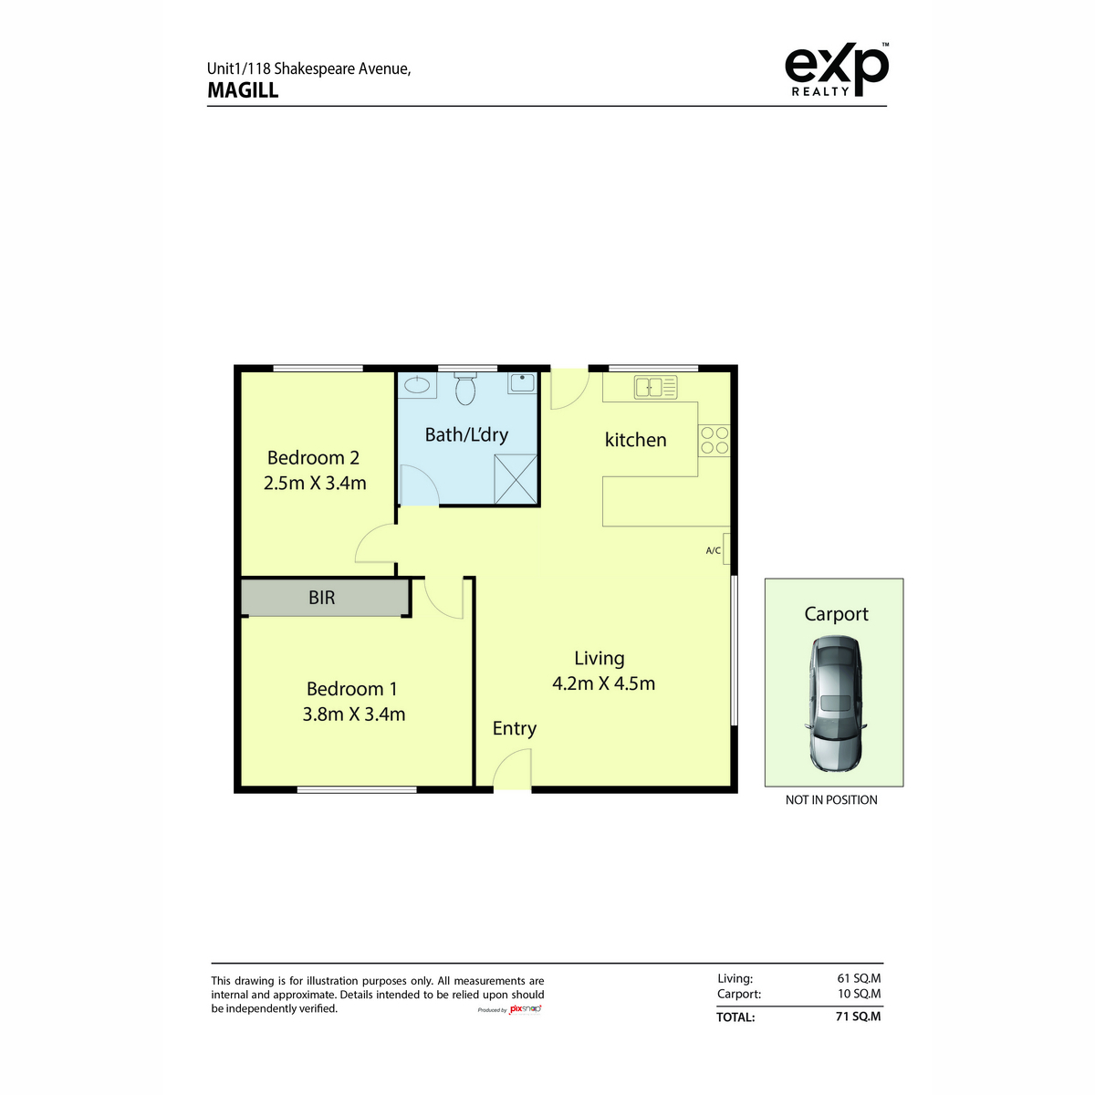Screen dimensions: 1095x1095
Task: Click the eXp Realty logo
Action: (836, 69)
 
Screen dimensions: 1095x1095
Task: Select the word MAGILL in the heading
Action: (243, 90)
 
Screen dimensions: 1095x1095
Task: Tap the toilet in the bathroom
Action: (465, 388)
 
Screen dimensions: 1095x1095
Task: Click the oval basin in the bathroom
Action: (418, 384)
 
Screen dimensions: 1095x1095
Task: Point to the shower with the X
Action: (516, 479)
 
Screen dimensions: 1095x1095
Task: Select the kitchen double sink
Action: (656, 387)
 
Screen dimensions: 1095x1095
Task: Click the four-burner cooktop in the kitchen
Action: (714, 441)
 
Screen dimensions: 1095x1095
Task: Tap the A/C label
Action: (714, 550)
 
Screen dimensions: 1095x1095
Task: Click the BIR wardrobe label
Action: (321, 597)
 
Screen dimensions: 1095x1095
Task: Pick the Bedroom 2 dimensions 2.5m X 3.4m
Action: (315, 483)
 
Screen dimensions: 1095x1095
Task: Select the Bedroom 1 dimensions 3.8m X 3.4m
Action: (353, 714)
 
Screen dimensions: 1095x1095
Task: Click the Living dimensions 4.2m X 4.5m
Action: (603, 683)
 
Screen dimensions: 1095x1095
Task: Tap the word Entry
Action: (515, 728)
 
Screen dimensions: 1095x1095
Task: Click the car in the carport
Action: (835, 703)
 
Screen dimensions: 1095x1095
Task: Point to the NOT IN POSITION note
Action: (831, 800)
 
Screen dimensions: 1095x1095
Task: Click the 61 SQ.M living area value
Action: (859, 978)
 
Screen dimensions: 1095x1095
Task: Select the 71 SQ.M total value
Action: (858, 1016)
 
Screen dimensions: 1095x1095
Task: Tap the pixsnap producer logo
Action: (525, 1009)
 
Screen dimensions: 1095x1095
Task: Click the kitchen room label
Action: (635, 440)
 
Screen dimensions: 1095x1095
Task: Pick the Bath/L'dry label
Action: (466, 434)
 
